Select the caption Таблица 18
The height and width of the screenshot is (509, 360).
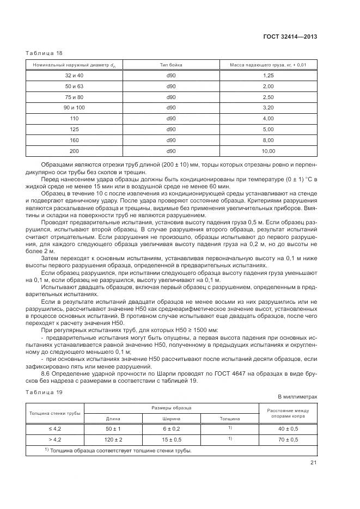pyautogui.click(x=44, y=53)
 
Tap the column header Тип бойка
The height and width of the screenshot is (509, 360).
pyautogui.click(x=171, y=65)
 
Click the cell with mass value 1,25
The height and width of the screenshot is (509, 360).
pyautogui.click(x=268, y=75)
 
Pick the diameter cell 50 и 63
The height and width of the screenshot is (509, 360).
pyautogui.click(x=74, y=86)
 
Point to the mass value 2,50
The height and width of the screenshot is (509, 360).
pyautogui.click(x=268, y=97)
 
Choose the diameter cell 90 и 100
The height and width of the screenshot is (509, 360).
pyautogui.click(x=74, y=108)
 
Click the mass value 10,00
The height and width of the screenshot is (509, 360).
pyautogui.click(x=268, y=151)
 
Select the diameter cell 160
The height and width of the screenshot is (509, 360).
pyautogui.click(x=74, y=140)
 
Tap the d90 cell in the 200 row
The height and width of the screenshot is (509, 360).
pyautogui.click(x=171, y=151)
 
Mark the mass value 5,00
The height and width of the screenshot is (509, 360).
pyautogui.click(x=268, y=129)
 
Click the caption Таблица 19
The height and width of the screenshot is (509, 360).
pyautogui.click(x=44, y=393)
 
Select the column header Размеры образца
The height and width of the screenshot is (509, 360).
pyautogui.click(x=171, y=408)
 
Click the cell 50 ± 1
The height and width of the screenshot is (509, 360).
pyautogui.click(x=113, y=429)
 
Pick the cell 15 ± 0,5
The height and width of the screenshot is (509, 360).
pyautogui.click(x=171, y=439)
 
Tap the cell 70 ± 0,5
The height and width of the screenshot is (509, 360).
pyautogui.click(x=288, y=439)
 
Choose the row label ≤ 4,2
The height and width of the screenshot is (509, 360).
pyautogui.click(x=54, y=429)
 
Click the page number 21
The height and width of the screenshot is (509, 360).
pyautogui.click(x=313, y=463)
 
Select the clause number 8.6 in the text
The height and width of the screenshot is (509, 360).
pyautogui.click(x=46, y=374)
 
